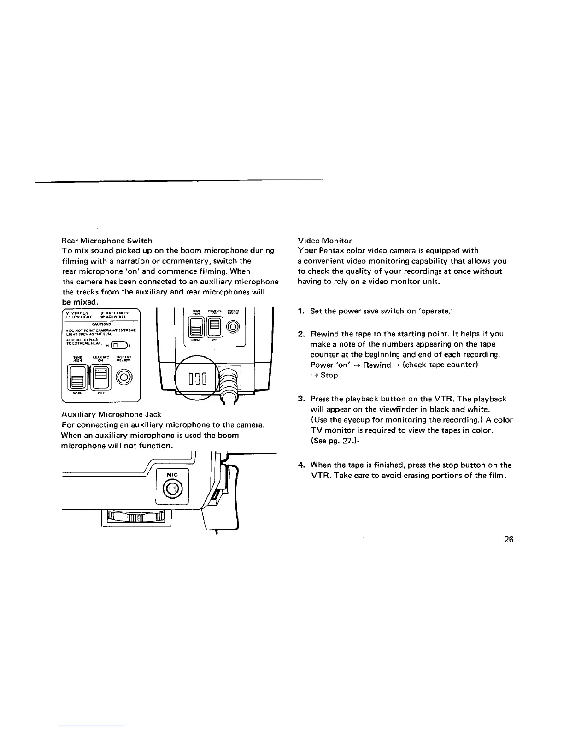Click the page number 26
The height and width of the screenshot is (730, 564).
click(x=509, y=540)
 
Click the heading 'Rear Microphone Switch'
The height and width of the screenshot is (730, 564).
click(x=107, y=241)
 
